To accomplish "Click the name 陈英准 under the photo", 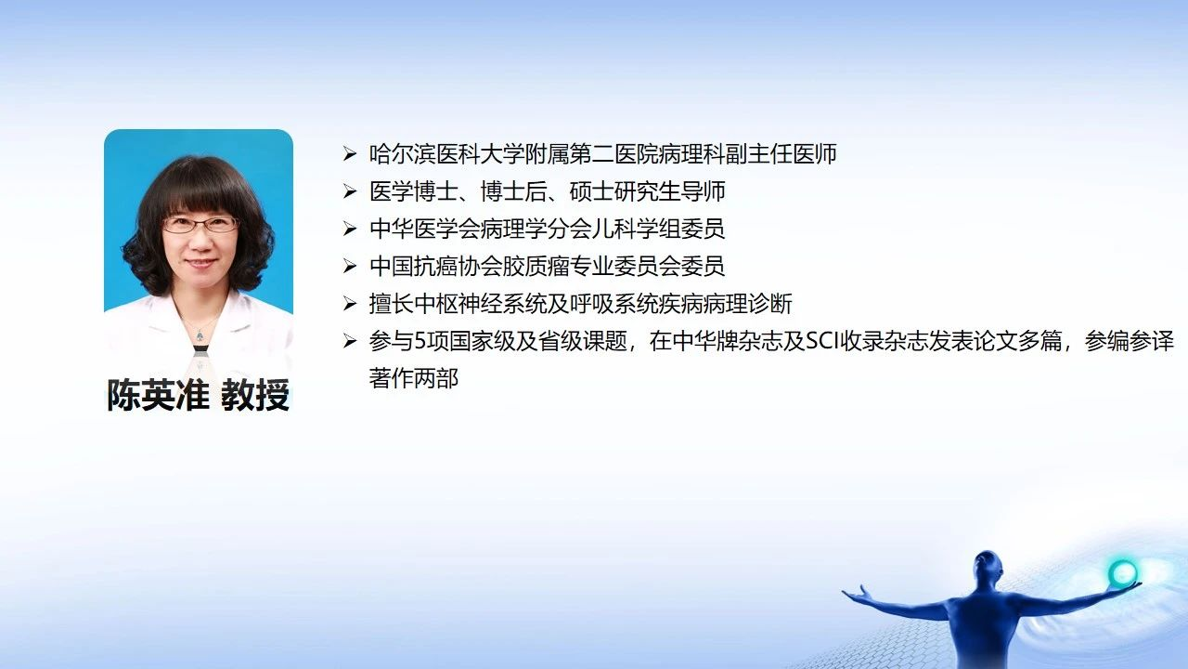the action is [158, 395].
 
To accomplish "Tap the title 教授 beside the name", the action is [255, 395].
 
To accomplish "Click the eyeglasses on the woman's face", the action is [200, 225].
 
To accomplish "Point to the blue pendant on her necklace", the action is [200, 335].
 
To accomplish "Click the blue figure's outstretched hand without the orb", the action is [855, 594].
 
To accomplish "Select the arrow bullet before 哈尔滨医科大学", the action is [350, 154].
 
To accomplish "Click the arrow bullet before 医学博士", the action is [350, 191].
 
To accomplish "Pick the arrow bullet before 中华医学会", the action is [350, 229].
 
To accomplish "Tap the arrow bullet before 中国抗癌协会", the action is [350, 266].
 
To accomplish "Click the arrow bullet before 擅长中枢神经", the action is [350, 304].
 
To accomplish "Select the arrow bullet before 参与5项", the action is [350, 341].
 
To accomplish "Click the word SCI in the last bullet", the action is [823, 341].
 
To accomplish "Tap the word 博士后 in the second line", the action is [513, 191].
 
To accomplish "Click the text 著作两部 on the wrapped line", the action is [414, 378].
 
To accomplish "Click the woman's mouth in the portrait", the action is [201, 263].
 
